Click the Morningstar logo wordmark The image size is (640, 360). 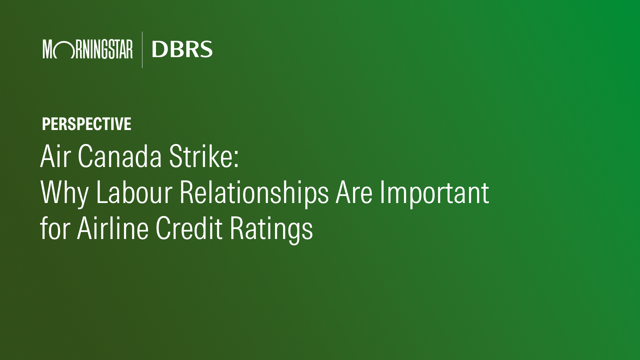pos(88,49)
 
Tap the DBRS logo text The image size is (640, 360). pos(182,49)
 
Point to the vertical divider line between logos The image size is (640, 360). pos(142,50)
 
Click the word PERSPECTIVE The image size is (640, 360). pos(87,124)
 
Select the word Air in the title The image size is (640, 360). pos(55,156)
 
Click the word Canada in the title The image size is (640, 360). pos(120,156)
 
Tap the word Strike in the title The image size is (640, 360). pos(201,156)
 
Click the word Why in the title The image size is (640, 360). pos(64,193)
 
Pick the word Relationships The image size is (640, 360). pos(254,193)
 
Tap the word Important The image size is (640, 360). pos(434,193)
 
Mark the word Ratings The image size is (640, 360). pos(271,230)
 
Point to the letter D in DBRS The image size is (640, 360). pos(159,49)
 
